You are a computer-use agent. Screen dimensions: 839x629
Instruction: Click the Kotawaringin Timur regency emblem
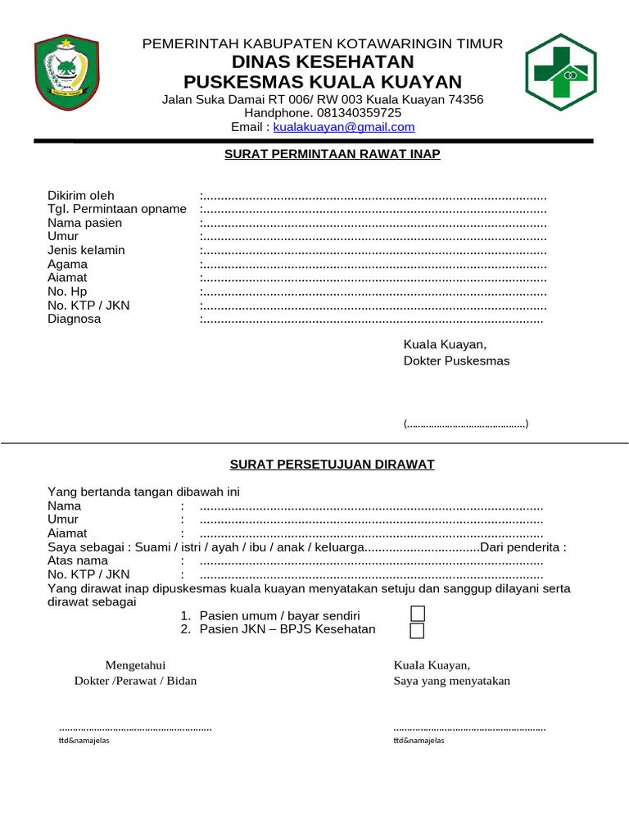coord(69,73)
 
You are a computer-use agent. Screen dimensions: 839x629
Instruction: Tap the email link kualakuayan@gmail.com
coord(344,127)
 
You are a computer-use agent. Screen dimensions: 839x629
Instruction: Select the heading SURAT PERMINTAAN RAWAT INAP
coord(333,154)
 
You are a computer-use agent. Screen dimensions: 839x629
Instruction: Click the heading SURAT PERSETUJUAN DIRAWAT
coord(332,465)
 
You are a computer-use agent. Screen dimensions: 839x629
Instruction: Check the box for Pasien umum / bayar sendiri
coord(417,615)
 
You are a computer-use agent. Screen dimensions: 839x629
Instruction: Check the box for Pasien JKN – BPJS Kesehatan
coord(417,630)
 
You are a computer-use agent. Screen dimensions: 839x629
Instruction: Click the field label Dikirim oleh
coord(81,196)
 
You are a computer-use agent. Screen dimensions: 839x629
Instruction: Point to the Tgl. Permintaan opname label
coord(117,209)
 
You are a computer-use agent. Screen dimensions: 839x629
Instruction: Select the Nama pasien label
coord(84,223)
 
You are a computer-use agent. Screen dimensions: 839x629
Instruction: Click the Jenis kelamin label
coord(86,250)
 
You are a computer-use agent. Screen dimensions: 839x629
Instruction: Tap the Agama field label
coord(67,265)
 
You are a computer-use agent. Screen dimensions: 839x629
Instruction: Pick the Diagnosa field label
coord(75,319)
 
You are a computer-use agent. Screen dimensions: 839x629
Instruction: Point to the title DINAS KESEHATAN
coord(323,62)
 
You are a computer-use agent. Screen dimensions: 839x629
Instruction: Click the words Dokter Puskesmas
coord(456,361)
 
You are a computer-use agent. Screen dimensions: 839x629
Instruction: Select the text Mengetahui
coord(135,664)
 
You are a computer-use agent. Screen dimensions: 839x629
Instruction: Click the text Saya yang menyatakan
coord(451,681)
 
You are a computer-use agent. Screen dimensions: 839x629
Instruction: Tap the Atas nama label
coord(78,561)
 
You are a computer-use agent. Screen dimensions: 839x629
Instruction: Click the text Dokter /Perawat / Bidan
coord(135,681)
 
